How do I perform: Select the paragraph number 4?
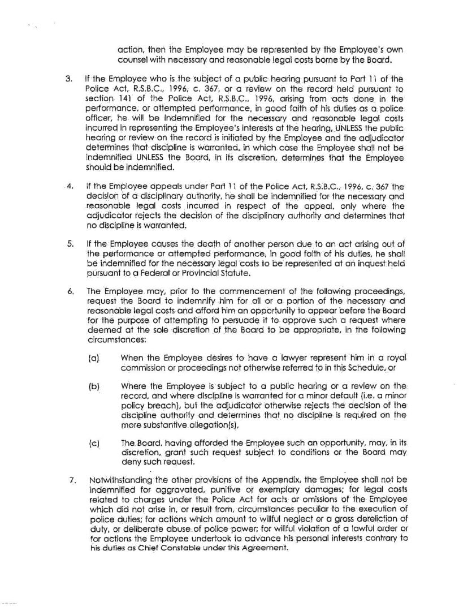point(70,185)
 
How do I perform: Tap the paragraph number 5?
point(70,244)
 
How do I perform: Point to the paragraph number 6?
point(70,291)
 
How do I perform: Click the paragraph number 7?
point(72,480)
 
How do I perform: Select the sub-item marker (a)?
point(93,359)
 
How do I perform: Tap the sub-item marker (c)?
point(93,444)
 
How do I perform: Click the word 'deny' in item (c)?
point(131,462)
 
